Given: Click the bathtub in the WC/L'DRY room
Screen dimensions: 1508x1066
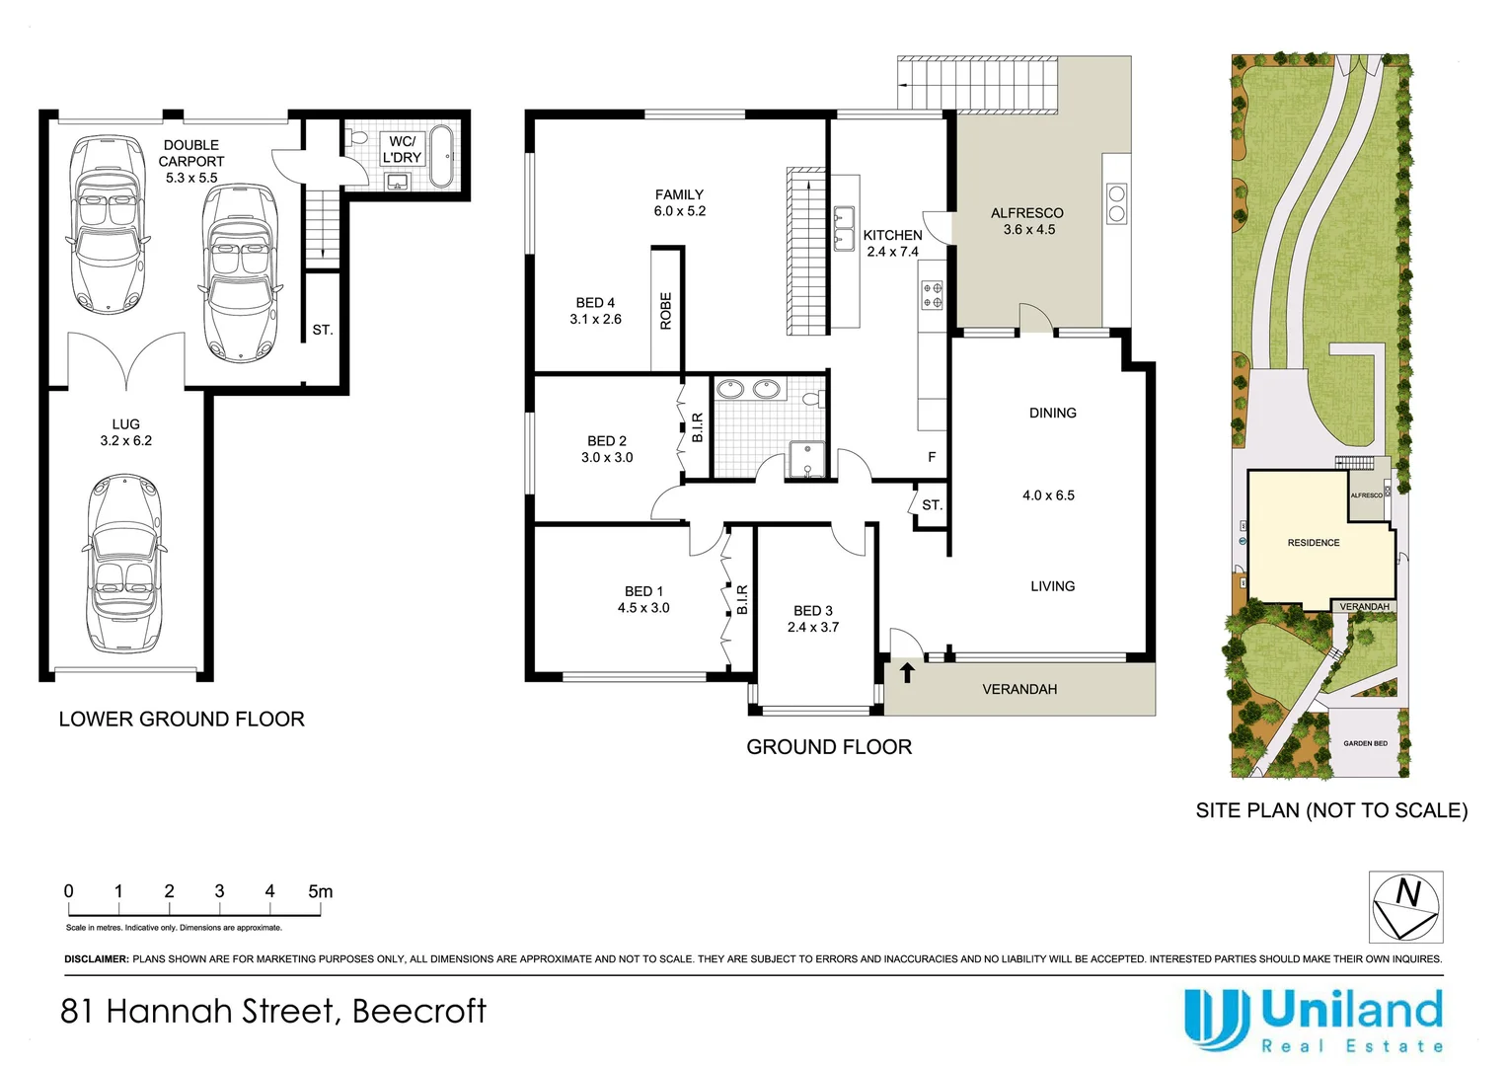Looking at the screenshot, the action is pyautogui.click(x=441, y=156).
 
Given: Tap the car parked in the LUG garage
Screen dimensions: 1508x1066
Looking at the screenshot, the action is pyautogui.click(x=124, y=563).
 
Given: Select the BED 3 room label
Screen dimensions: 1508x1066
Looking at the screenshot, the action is pyautogui.click(x=812, y=611).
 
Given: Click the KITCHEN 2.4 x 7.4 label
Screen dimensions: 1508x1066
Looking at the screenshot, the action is pyautogui.click(x=893, y=243).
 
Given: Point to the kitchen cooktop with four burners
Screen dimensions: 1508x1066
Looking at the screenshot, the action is pyautogui.click(x=933, y=296).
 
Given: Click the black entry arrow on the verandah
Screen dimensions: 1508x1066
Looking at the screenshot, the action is pyautogui.click(x=907, y=672).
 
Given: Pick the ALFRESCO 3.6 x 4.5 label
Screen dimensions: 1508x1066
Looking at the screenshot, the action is pyautogui.click(x=1028, y=221).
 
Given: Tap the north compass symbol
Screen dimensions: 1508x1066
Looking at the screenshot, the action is pyautogui.click(x=1405, y=907).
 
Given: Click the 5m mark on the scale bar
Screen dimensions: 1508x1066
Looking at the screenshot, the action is pyautogui.click(x=321, y=891).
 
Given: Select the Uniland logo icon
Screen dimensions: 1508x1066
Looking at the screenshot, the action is pyautogui.click(x=1217, y=1020).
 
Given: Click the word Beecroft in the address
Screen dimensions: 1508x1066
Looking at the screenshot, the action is pyautogui.click(x=419, y=1011).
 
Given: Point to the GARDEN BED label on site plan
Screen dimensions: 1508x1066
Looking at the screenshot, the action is pyautogui.click(x=1365, y=743).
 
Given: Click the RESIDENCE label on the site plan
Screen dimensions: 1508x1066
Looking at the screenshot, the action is pyautogui.click(x=1314, y=543).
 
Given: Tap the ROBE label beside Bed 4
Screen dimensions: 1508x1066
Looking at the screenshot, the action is pyautogui.click(x=666, y=311).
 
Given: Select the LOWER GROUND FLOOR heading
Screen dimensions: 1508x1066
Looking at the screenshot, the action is pyautogui.click(x=182, y=720).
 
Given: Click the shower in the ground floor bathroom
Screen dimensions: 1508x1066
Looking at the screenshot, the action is pyautogui.click(x=806, y=459).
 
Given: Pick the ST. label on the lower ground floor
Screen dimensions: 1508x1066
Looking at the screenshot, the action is pyautogui.click(x=323, y=330).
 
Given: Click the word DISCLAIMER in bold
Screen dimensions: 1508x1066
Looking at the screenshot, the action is pyautogui.click(x=97, y=959).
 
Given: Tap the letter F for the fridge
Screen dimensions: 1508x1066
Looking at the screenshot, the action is pyautogui.click(x=932, y=457).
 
